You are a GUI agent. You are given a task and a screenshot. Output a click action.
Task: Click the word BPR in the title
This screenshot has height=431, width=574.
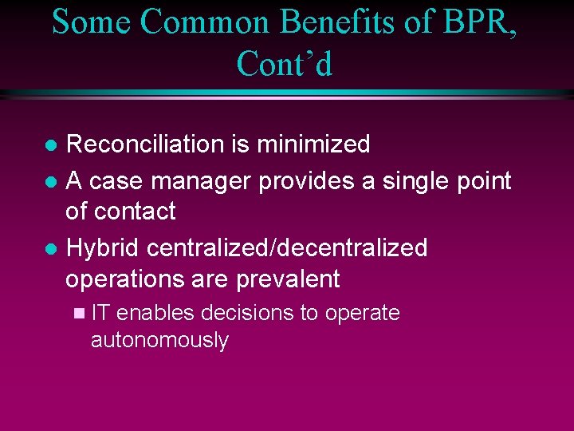pyautogui.click(x=463, y=22)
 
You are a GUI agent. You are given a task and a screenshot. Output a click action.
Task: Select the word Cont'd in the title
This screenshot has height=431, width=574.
pyautogui.click(x=285, y=65)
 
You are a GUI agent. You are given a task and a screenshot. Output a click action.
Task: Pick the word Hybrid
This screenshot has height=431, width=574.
pyautogui.click(x=104, y=248)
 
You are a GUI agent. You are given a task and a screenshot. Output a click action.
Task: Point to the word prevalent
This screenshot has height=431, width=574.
pyautogui.click(x=288, y=279)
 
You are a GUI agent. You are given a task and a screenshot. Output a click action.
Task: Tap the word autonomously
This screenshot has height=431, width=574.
pyautogui.click(x=159, y=341)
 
